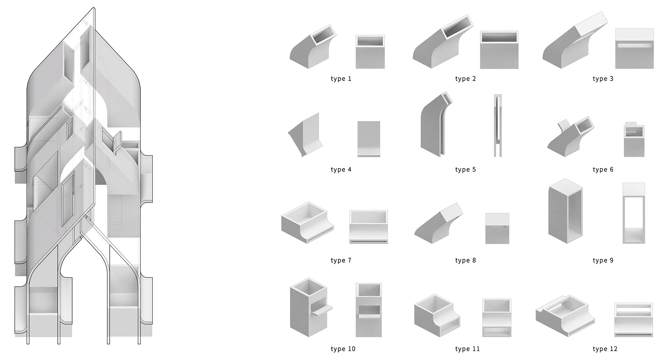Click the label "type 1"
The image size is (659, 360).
(x=341, y=79)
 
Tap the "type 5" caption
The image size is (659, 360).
(x=466, y=170)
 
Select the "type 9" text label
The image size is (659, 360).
(x=603, y=260)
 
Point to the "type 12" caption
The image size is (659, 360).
(x=605, y=349)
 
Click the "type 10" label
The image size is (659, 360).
(x=343, y=349)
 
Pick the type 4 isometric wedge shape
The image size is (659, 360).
(x=305, y=135)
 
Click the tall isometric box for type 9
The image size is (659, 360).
(x=566, y=211)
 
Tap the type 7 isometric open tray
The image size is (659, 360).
(x=307, y=222)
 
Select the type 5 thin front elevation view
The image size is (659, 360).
(x=498, y=126)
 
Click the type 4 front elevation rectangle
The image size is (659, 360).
(x=369, y=139)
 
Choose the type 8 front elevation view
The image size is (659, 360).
(x=497, y=229)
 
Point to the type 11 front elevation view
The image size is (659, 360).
(x=497, y=318)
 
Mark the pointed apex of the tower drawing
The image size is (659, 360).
(x=94, y=7)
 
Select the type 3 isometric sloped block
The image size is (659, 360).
(x=575, y=40)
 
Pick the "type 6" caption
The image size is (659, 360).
(x=603, y=170)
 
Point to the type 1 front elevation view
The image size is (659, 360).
(x=370, y=52)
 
